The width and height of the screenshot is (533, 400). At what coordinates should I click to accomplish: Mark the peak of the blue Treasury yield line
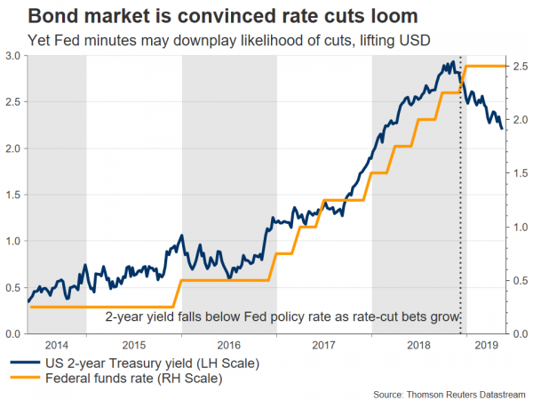(453, 62)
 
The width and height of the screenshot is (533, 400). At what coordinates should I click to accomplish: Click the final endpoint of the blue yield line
(502, 129)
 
